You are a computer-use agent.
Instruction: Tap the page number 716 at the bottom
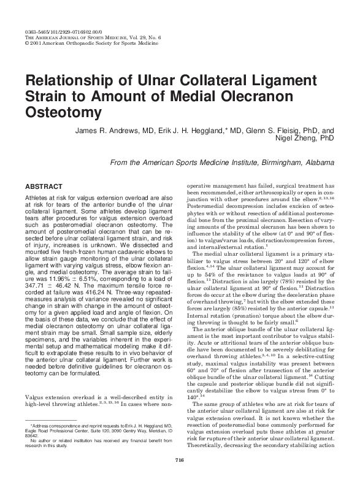click(x=180, y=461)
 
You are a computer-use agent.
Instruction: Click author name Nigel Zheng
click(x=311, y=140)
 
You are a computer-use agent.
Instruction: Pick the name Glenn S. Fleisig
click(x=275, y=131)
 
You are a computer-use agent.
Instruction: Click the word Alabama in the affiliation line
click(x=317, y=162)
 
